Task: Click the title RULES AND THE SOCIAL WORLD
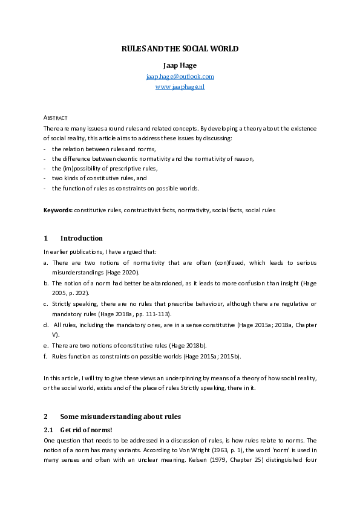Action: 180,48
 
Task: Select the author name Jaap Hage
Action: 180,65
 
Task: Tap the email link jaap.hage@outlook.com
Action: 180,76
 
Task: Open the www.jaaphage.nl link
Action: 180,87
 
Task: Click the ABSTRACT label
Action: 55,117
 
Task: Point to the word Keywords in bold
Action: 57,210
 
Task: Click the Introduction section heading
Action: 81,238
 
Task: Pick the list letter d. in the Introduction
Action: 47,325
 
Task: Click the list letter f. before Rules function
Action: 46,357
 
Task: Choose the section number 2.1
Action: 49,429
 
